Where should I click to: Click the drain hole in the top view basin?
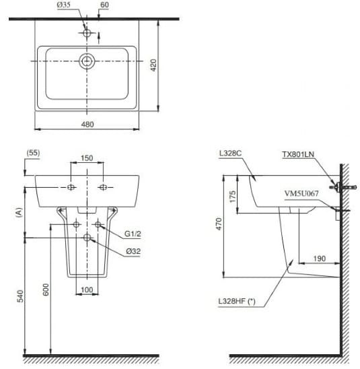click(x=87, y=61)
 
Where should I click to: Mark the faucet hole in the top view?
click(x=87, y=32)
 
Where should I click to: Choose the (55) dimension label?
click(x=32, y=154)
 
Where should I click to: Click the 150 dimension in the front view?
click(x=87, y=159)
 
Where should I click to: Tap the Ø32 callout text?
click(x=131, y=252)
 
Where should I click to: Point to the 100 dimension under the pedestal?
click(x=87, y=290)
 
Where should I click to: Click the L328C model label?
click(x=230, y=154)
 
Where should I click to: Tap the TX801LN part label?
click(x=297, y=154)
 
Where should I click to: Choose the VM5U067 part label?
click(x=301, y=193)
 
